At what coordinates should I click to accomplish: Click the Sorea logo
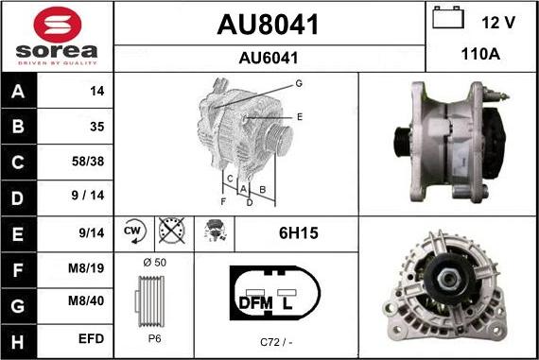coord(57,37)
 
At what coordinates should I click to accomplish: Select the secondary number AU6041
coord(269,58)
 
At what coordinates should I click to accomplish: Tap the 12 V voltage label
coord(497,20)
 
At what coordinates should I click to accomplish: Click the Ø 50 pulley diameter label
coord(153,261)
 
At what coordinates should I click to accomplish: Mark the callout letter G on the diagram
coord(298,83)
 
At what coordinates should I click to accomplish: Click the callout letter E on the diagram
coord(299,116)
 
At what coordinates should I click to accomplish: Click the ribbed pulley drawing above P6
coord(153,302)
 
